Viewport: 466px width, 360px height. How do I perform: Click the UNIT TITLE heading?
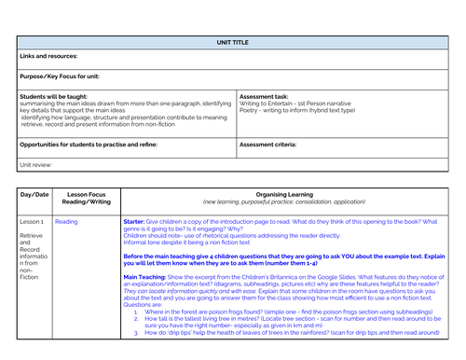233,42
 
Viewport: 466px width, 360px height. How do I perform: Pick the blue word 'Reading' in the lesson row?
66,222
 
